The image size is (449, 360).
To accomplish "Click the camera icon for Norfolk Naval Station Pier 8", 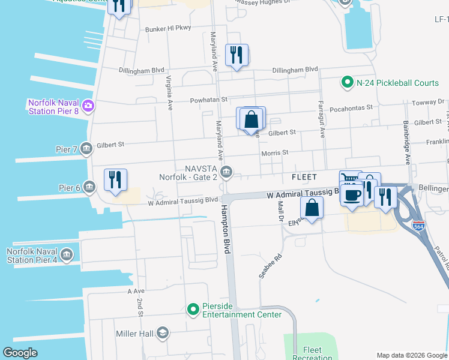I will (x=88, y=106).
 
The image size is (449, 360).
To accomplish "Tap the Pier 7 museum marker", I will (x=86, y=148).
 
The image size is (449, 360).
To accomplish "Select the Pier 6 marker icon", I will (x=89, y=187).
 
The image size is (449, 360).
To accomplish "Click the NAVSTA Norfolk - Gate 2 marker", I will (x=226, y=173).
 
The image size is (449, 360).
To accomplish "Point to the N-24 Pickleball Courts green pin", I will (x=346, y=82).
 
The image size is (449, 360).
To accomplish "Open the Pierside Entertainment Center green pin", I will (x=193, y=310).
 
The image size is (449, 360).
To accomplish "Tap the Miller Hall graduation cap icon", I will (x=163, y=333).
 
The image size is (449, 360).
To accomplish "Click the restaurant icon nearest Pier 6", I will (x=115, y=179).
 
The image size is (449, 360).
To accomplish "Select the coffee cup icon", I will (x=352, y=194).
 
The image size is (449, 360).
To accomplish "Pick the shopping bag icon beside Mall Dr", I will (x=312, y=208).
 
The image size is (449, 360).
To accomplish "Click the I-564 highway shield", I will (x=419, y=226).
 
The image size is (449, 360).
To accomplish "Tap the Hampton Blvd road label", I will (x=226, y=228).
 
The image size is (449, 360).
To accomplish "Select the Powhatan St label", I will (x=209, y=100).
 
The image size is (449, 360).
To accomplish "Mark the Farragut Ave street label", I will (x=321, y=121).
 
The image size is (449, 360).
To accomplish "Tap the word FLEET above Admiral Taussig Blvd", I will (x=304, y=178).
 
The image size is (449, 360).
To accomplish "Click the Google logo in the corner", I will (x=20, y=353).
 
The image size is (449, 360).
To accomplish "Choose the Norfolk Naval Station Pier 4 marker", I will (x=66, y=254).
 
